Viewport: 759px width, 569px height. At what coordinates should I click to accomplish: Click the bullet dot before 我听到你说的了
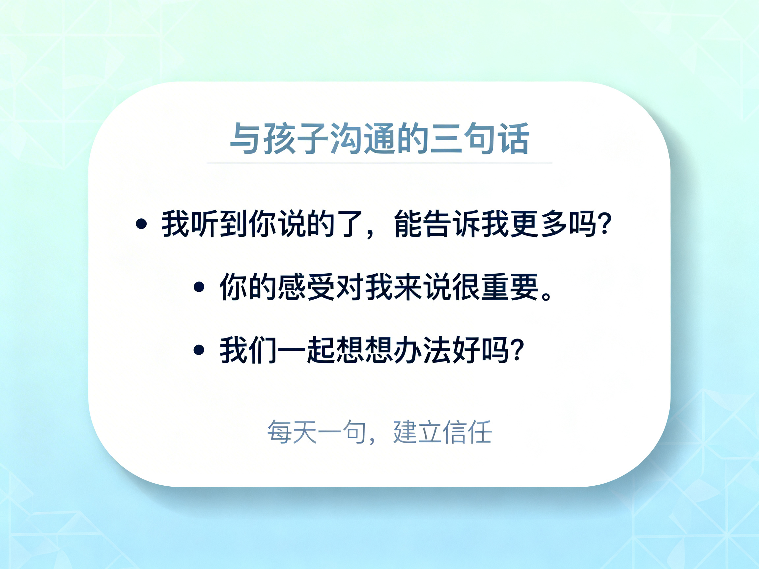141,224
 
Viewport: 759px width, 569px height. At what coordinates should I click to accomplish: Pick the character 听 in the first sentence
205,224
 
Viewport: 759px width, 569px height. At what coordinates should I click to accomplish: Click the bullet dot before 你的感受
199,287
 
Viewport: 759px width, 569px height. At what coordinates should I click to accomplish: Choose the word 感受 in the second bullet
306,287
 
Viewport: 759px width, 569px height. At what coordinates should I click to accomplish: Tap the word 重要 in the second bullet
510,287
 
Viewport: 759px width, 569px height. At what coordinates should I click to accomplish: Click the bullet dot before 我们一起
199,350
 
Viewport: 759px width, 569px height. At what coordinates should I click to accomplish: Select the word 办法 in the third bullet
423,350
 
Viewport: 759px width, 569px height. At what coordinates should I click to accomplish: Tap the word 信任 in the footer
468,431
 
